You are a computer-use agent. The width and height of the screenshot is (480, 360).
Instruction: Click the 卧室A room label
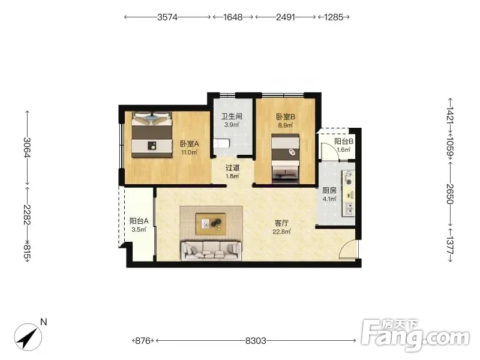190,143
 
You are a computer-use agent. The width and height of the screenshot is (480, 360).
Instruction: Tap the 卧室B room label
286,116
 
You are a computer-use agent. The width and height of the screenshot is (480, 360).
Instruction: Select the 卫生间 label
232,116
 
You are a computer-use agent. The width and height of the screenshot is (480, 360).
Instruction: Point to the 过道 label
232,168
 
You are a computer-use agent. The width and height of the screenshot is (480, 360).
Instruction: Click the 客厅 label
281,223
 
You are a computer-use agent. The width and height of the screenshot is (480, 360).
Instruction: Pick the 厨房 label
329,190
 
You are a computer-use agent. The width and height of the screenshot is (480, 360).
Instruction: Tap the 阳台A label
139,221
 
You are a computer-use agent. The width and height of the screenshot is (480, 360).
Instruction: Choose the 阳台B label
344,142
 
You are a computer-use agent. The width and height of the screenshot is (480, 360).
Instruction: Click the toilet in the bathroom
221,143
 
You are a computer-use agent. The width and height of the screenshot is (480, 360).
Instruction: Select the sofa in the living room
211,251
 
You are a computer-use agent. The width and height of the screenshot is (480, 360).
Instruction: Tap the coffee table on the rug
211,224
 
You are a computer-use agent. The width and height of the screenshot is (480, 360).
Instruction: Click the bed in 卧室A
152,134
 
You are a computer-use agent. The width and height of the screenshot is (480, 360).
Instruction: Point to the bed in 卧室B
286,158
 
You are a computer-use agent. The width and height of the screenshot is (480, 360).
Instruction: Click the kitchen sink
349,208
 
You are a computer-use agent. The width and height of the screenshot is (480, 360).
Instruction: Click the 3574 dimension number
167,17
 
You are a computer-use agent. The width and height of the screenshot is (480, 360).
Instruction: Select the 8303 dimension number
256,340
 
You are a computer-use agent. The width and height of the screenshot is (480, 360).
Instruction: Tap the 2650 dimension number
449,194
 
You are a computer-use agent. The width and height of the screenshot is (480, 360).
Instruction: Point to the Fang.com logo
415,335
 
